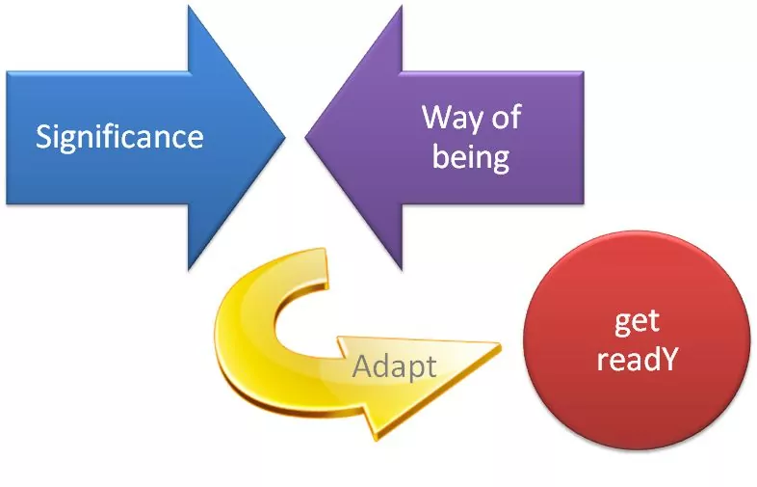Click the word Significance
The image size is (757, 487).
point(119,136)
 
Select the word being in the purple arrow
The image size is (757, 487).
point(470,156)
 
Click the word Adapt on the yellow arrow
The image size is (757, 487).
point(394,366)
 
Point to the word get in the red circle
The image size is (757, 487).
point(636,321)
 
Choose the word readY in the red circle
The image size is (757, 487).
point(637,360)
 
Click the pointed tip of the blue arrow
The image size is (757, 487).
point(285,137)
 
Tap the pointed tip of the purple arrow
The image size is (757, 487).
point(306,137)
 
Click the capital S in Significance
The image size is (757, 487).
point(44,136)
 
